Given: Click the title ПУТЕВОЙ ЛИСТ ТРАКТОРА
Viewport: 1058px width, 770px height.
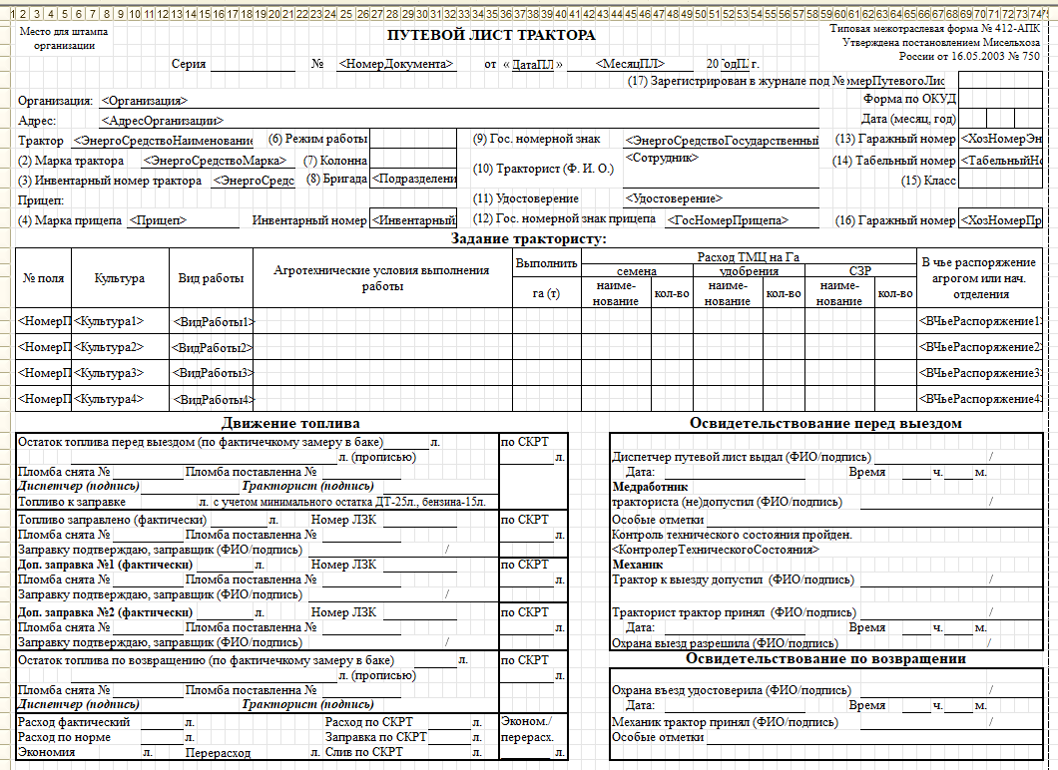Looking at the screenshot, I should click(491, 36).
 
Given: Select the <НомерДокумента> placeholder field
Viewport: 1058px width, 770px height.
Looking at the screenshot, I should click(395, 64).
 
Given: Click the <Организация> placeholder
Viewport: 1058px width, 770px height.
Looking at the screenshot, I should click(144, 101).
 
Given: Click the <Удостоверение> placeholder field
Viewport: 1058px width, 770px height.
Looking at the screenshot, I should click(674, 199).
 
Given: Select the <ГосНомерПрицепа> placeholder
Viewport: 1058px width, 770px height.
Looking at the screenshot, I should click(728, 220).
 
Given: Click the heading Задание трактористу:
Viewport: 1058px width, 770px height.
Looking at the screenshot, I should click(528, 239).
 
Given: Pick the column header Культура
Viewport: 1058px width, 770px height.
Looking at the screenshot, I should click(120, 279).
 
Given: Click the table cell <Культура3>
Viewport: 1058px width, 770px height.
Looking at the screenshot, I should click(110, 373).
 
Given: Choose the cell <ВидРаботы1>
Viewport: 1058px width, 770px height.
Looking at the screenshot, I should click(212, 322).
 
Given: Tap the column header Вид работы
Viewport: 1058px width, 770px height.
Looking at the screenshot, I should click(211, 279).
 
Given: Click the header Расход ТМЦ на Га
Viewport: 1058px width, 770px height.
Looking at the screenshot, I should click(749, 257).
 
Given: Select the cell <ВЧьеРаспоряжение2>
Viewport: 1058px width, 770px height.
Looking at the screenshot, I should click(982, 347).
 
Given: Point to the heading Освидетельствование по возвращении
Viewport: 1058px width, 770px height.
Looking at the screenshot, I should click(825, 659).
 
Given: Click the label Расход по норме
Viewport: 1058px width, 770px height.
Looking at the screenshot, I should click(65, 737).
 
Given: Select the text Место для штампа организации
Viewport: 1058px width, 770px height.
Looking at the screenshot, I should click(65, 39).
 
